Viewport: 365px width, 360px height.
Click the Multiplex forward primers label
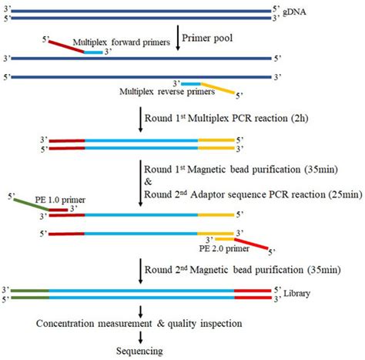click(x=120, y=43)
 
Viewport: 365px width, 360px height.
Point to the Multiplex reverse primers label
click(x=166, y=93)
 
